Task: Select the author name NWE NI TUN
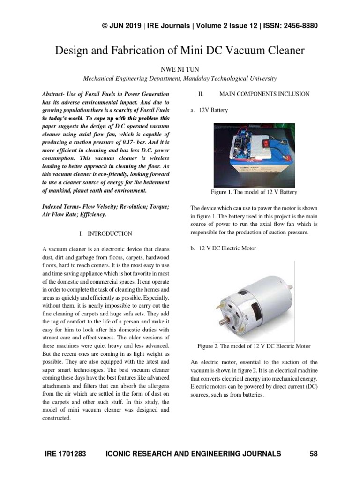pyautogui.click(x=180, y=69)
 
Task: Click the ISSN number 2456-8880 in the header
pyautogui.click(x=297, y=26)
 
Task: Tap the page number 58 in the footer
pyautogui.click(x=314, y=453)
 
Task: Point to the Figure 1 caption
pyautogui.click(x=254, y=192)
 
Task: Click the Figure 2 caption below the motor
pyautogui.click(x=254, y=346)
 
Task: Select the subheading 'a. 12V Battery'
pyautogui.click(x=209, y=110)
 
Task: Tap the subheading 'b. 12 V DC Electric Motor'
pyautogui.click(x=223, y=248)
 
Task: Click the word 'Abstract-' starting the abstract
pyautogui.click(x=54, y=94)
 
